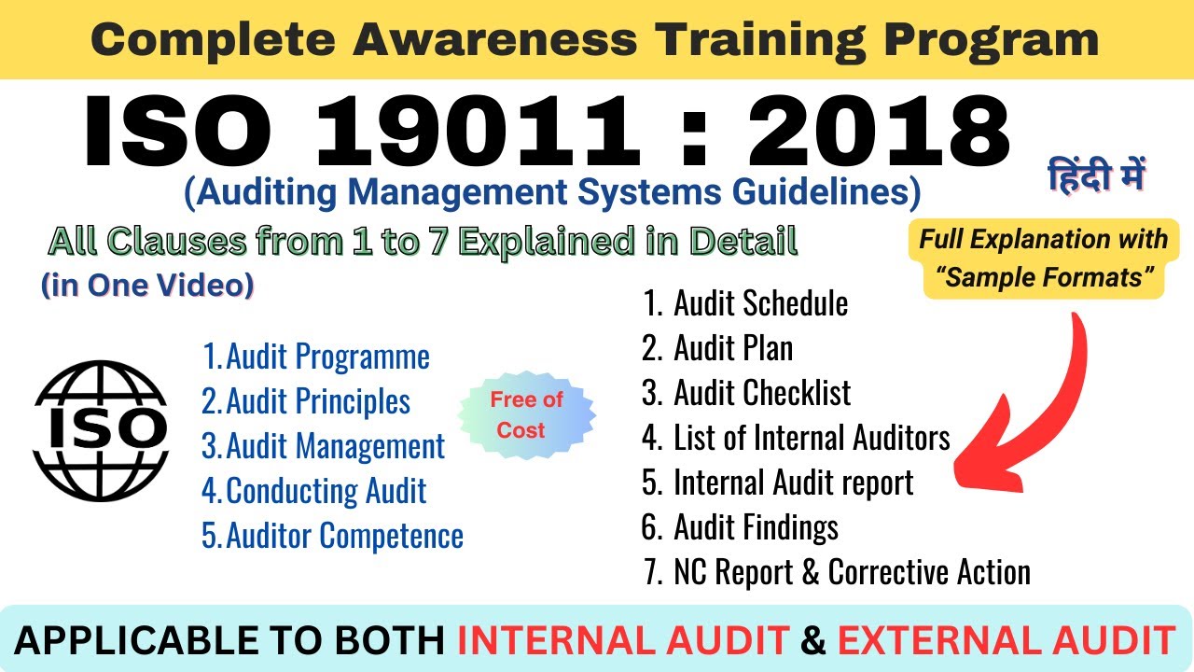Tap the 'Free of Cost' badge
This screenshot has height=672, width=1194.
(x=527, y=414)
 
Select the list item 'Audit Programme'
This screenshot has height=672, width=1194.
(x=316, y=357)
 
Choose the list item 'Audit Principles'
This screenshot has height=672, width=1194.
(x=307, y=401)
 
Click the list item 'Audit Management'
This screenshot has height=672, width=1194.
(x=324, y=446)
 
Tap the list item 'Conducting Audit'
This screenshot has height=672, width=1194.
(x=314, y=491)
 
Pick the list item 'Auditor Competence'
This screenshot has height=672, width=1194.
(x=333, y=536)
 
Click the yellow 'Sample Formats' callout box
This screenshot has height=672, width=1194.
(x=1044, y=259)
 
